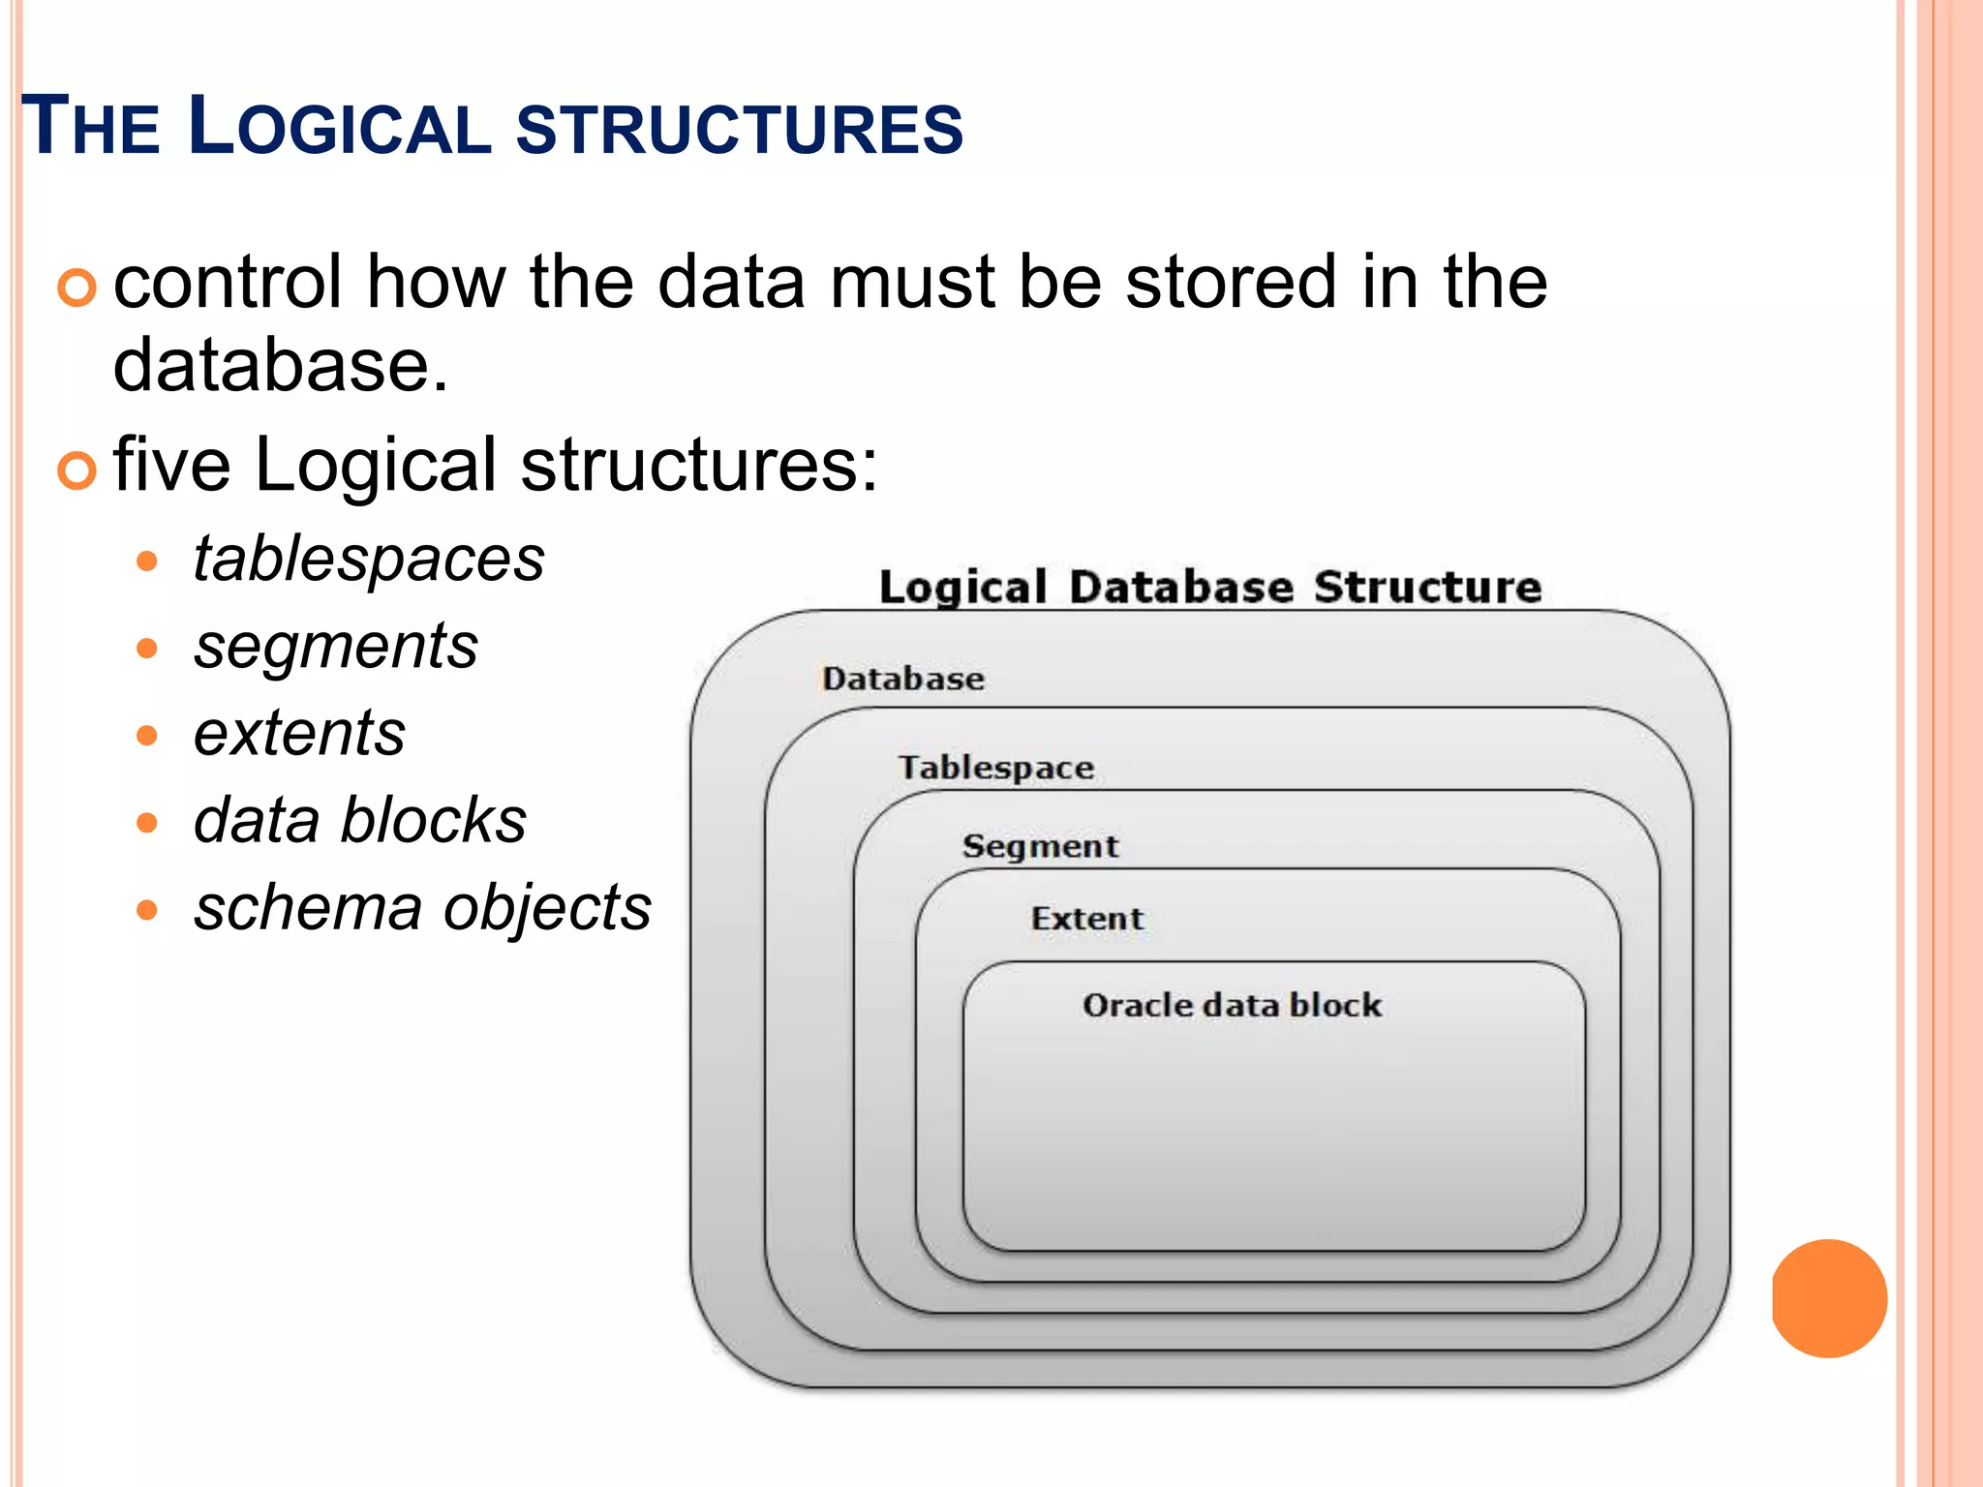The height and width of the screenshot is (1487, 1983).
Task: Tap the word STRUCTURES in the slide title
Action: [740, 129]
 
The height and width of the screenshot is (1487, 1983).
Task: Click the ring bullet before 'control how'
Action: [76, 288]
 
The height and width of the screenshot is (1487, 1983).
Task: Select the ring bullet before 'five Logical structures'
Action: [76, 470]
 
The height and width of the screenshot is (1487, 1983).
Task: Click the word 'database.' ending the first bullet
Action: [281, 365]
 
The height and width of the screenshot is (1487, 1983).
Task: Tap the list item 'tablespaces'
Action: [369, 560]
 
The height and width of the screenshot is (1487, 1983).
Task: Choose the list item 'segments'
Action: [335, 647]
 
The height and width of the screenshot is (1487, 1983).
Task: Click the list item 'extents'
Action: [299, 734]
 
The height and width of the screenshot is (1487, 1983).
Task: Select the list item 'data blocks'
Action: [359, 821]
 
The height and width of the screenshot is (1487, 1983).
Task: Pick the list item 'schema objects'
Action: [422, 908]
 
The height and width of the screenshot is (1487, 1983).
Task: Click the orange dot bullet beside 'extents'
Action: [147, 736]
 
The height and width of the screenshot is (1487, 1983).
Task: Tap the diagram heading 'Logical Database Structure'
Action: [1209, 588]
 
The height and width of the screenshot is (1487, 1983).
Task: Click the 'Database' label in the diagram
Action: [902, 679]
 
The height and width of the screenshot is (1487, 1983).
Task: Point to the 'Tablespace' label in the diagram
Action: [996, 768]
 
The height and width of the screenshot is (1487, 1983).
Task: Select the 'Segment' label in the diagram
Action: [1040, 846]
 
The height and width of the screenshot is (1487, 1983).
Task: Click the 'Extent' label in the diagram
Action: [1086, 919]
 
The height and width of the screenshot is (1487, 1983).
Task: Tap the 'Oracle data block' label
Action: [1232, 1005]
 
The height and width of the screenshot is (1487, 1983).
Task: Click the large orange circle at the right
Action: [1829, 1298]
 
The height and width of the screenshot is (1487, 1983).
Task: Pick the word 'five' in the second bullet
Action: [171, 465]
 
